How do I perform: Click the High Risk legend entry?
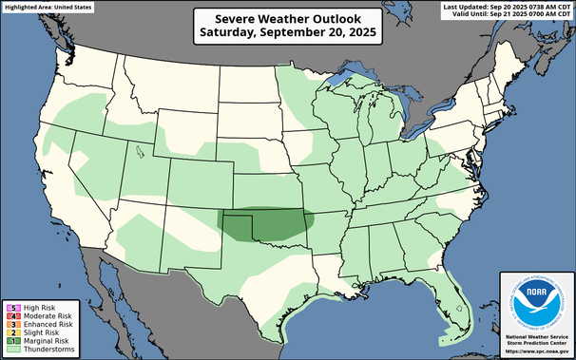pyautogui.click(x=33, y=308)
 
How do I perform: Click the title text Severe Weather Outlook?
pyautogui.click(x=287, y=17)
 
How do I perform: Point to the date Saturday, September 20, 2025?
pyautogui.click(x=287, y=31)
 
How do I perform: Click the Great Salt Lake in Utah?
pyautogui.click(x=139, y=149)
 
